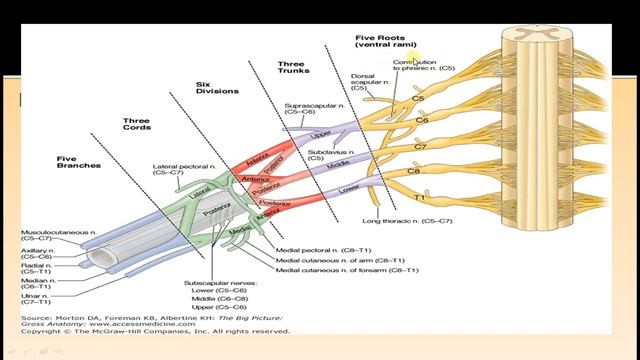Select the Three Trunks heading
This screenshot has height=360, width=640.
pyautogui.click(x=298, y=68)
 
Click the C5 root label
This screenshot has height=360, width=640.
pyautogui.click(x=419, y=99)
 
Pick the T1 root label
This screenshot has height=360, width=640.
pyautogui.click(x=419, y=198)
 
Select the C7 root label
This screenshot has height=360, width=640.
pyautogui.click(x=419, y=147)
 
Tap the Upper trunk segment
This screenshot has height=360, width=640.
pyautogui.click(x=319, y=132)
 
